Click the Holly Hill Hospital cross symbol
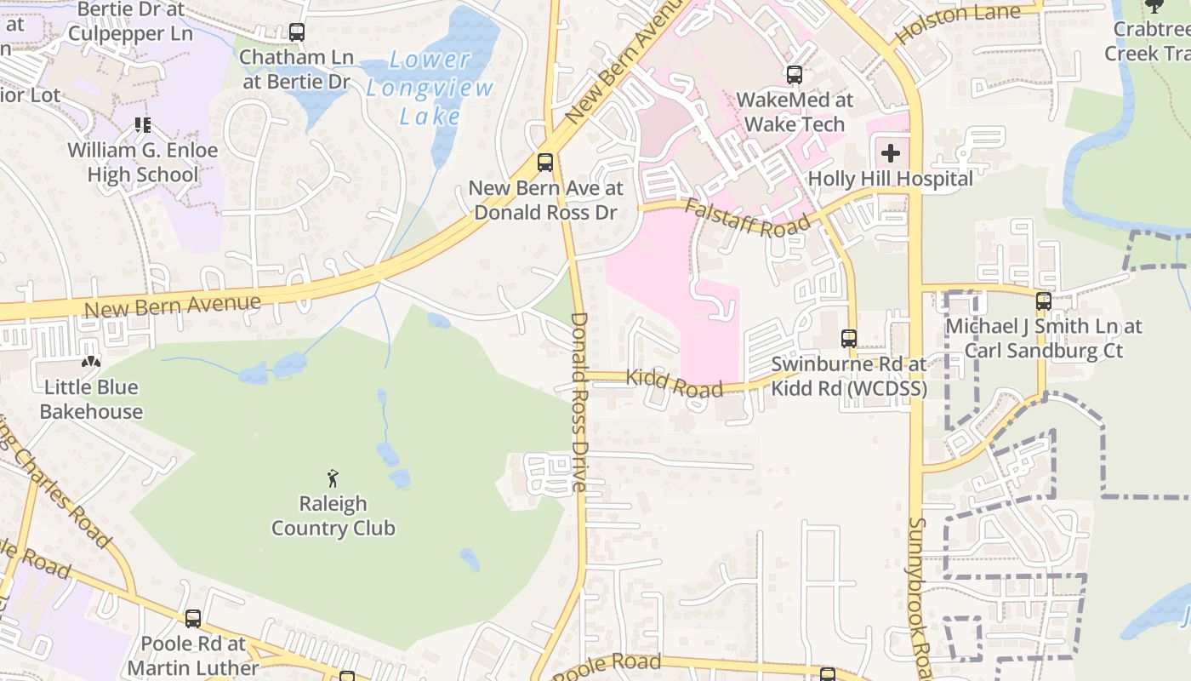click(891, 153)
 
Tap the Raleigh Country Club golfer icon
click(333, 478)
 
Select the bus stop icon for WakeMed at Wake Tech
click(794, 74)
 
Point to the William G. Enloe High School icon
click(142, 126)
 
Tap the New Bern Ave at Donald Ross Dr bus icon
click(544, 162)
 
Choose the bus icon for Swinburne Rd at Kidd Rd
click(848, 338)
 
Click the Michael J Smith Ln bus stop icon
click(1043, 300)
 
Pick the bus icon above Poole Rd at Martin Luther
click(193, 619)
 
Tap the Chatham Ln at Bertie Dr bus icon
click(296, 32)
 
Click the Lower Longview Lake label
click(430, 88)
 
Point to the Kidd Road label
click(675, 382)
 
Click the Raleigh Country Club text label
click(333, 516)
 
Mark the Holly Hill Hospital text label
click(890, 179)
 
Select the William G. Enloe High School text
click(143, 163)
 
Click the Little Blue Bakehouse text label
click(91, 399)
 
